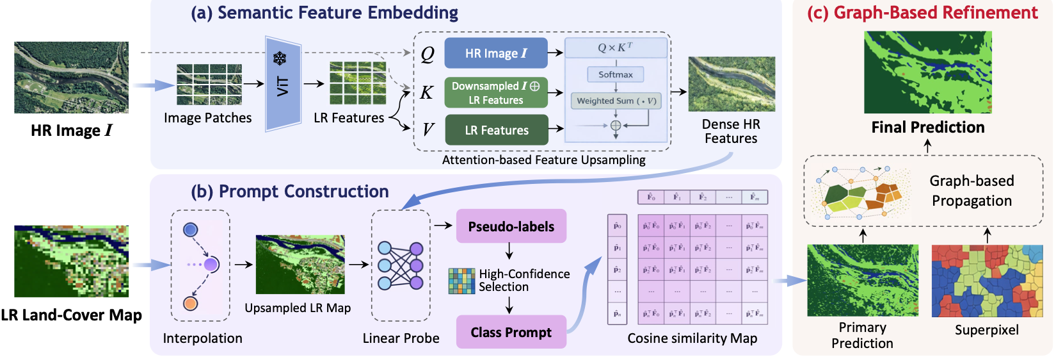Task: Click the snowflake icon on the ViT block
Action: [280, 59]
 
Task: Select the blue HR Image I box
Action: [496, 53]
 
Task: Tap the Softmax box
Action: [616, 74]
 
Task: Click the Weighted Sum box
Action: [616, 101]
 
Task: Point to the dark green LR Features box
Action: [497, 130]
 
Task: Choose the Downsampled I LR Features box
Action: [496, 93]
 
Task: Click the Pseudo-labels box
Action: [511, 226]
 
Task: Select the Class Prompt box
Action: [511, 332]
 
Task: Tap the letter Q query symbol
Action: [428, 54]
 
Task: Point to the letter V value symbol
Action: [428, 130]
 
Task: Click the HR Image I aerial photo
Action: [71, 78]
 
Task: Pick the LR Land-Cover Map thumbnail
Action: [71, 261]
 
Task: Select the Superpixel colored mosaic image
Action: [987, 281]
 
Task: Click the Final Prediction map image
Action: [927, 72]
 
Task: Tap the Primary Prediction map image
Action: [863, 281]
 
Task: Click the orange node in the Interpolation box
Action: [190, 304]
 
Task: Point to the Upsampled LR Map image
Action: [300, 265]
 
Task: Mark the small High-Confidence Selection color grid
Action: [461, 281]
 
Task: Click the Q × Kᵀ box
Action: [616, 47]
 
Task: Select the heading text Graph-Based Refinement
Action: [922, 13]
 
